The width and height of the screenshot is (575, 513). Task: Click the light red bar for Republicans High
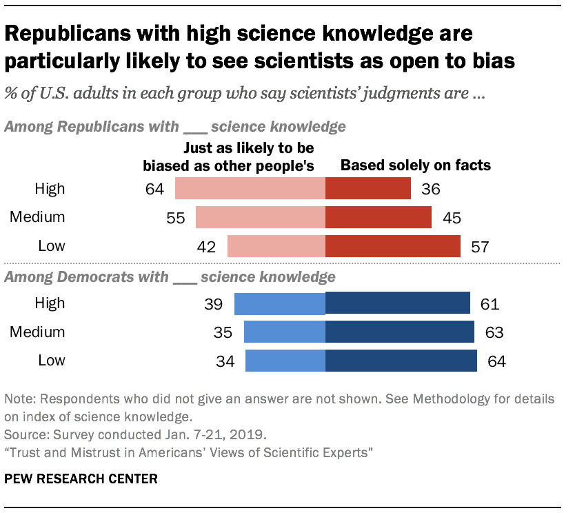pyautogui.click(x=250, y=189)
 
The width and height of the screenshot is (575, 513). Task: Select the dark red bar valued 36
pyautogui.click(x=368, y=189)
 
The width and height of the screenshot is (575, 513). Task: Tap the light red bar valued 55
pyautogui.click(x=260, y=217)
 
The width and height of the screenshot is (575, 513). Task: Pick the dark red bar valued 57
pyautogui.click(x=392, y=246)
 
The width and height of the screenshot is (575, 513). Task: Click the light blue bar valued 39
pyautogui.click(x=279, y=304)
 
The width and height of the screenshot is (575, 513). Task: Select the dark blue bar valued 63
pyautogui.click(x=399, y=332)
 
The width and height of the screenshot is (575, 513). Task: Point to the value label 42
pyautogui.click(x=207, y=247)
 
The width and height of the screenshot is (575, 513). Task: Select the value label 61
pyautogui.click(x=490, y=304)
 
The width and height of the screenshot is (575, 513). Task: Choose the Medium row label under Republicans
pyautogui.click(x=37, y=217)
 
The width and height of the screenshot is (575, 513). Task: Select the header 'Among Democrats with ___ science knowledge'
pyautogui.click(x=170, y=277)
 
